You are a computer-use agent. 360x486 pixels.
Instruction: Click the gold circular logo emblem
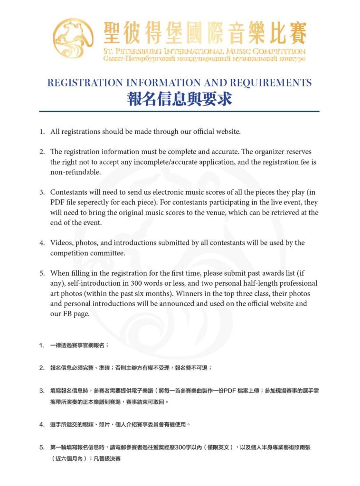74,40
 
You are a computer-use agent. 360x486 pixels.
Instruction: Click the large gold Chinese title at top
205,33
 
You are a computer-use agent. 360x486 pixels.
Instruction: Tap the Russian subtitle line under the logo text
204,59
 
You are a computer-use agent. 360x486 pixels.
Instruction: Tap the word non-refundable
76,172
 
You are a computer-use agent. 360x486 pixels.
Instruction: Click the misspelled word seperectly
102,202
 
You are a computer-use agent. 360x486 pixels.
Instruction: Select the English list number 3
42,192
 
